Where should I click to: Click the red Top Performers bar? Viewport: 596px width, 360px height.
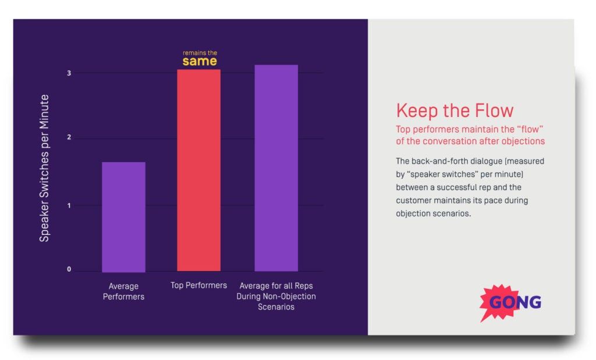[x=198, y=170]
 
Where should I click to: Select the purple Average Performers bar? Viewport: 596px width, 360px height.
[x=123, y=216]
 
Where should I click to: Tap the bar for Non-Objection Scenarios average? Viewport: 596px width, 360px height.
[x=276, y=167]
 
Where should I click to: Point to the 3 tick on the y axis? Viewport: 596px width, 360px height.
[x=69, y=73]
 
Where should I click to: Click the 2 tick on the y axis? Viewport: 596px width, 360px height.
[x=69, y=138]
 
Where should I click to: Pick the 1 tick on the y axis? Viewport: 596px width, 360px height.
[x=69, y=205]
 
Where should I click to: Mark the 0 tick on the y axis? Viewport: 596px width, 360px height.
[x=69, y=269]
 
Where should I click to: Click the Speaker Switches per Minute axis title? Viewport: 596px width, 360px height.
[x=44, y=168]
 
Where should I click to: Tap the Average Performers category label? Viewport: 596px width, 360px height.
[x=123, y=291]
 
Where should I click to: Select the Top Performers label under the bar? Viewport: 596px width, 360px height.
[x=198, y=286]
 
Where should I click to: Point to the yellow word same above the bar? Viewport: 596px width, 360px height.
[x=200, y=61]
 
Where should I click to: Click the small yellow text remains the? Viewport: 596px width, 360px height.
[x=200, y=52]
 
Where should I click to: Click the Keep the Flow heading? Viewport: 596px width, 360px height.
[x=455, y=111]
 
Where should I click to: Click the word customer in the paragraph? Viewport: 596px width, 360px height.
[x=415, y=201]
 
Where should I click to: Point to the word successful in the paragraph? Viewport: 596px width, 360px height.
[x=463, y=187]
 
